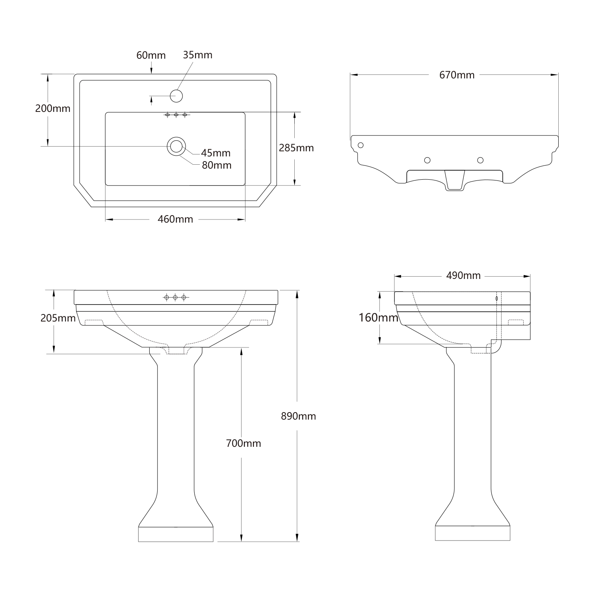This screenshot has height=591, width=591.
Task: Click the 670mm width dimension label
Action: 457,75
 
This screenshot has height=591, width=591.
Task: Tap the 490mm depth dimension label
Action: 463,275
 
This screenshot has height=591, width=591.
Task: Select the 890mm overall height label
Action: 298,416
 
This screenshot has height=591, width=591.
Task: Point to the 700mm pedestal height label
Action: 243,443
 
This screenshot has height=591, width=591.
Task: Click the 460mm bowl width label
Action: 175,219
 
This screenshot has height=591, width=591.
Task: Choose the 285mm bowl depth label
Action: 296,148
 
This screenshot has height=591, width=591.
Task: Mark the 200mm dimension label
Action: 53,108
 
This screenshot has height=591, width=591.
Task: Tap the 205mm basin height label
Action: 58,318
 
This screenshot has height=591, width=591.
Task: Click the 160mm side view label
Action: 378,317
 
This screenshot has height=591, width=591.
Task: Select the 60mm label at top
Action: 151,55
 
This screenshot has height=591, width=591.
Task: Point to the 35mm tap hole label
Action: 197,55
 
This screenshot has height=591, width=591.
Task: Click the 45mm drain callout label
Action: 216,153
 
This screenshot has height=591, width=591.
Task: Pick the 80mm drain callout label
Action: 216,165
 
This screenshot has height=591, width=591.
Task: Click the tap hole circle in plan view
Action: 176,96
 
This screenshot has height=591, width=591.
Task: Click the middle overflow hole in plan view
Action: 176,115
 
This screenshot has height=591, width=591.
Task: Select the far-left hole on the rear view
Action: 360,145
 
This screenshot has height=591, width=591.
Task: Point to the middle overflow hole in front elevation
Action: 175,297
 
